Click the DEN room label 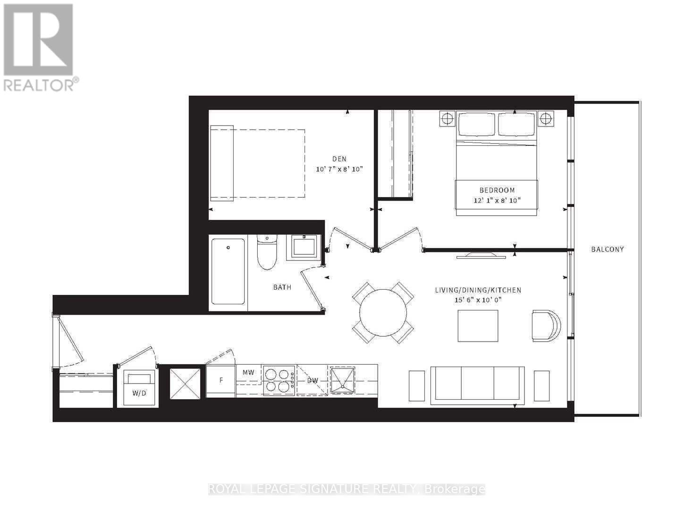click(339, 159)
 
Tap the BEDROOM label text click(497, 190)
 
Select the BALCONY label click(608, 249)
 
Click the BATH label click(282, 287)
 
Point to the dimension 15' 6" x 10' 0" click(478, 300)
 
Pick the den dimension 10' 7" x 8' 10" click(339, 169)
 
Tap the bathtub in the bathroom click(228, 271)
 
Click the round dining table click(383, 313)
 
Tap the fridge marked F click(220, 380)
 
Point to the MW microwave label click(248, 372)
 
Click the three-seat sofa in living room click(477, 385)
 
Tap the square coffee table click(478, 326)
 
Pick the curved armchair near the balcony click(546, 326)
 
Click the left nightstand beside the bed click(447, 118)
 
